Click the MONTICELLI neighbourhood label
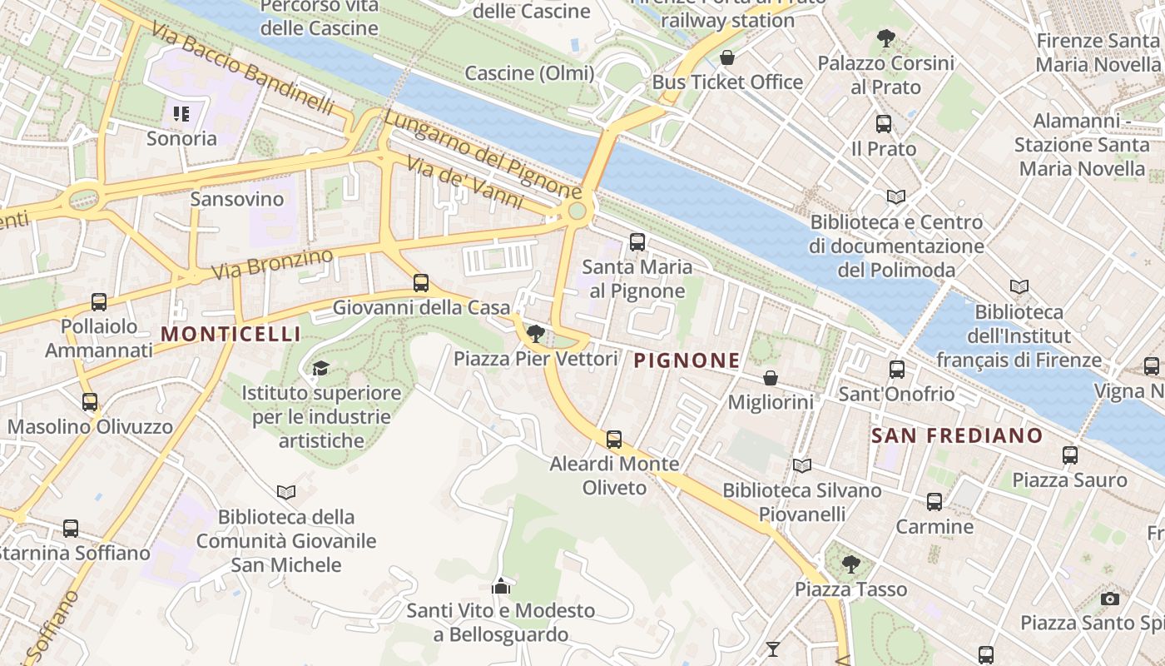(x=231, y=335)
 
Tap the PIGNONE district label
(x=687, y=360)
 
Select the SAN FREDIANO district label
(x=956, y=435)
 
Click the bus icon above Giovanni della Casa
(x=421, y=283)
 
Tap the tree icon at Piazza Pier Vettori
(x=536, y=334)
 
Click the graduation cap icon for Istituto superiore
(x=320, y=368)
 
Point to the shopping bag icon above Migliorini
(x=771, y=378)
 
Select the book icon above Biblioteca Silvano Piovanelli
(x=801, y=466)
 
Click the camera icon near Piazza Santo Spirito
(x=1109, y=599)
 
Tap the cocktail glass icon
(x=773, y=649)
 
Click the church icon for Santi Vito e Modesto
(x=500, y=586)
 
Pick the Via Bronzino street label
(x=272, y=263)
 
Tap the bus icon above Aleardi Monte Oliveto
(x=614, y=439)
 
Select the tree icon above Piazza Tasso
(x=850, y=564)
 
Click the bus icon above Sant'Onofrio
(x=896, y=370)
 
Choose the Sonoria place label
(x=181, y=138)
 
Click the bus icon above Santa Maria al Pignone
(x=637, y=242)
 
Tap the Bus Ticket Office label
(x=727, y=82)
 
